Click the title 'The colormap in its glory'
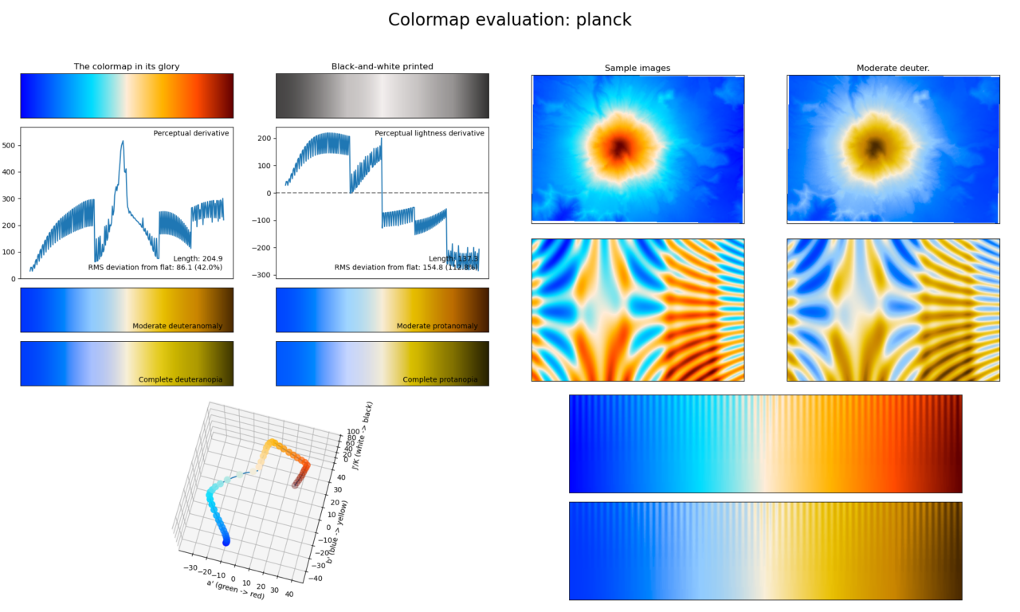click(x=127, y=67)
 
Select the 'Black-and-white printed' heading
click(x=382, y=67)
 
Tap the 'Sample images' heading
click(x=637, y=69)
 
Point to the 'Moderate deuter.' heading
click(x=892, y=69)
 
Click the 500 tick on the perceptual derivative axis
click(x=9, y=146)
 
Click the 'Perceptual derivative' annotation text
click(x=191, y=133)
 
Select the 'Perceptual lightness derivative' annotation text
click(x=430, y=133)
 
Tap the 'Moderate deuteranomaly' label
click(x=178, y=326)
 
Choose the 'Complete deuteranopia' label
click(x=181, y=379)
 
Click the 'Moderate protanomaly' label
click(x=437, y=326)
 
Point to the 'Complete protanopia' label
click(x=440, y=379)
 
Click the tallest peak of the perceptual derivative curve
click(x=123, y=142)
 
